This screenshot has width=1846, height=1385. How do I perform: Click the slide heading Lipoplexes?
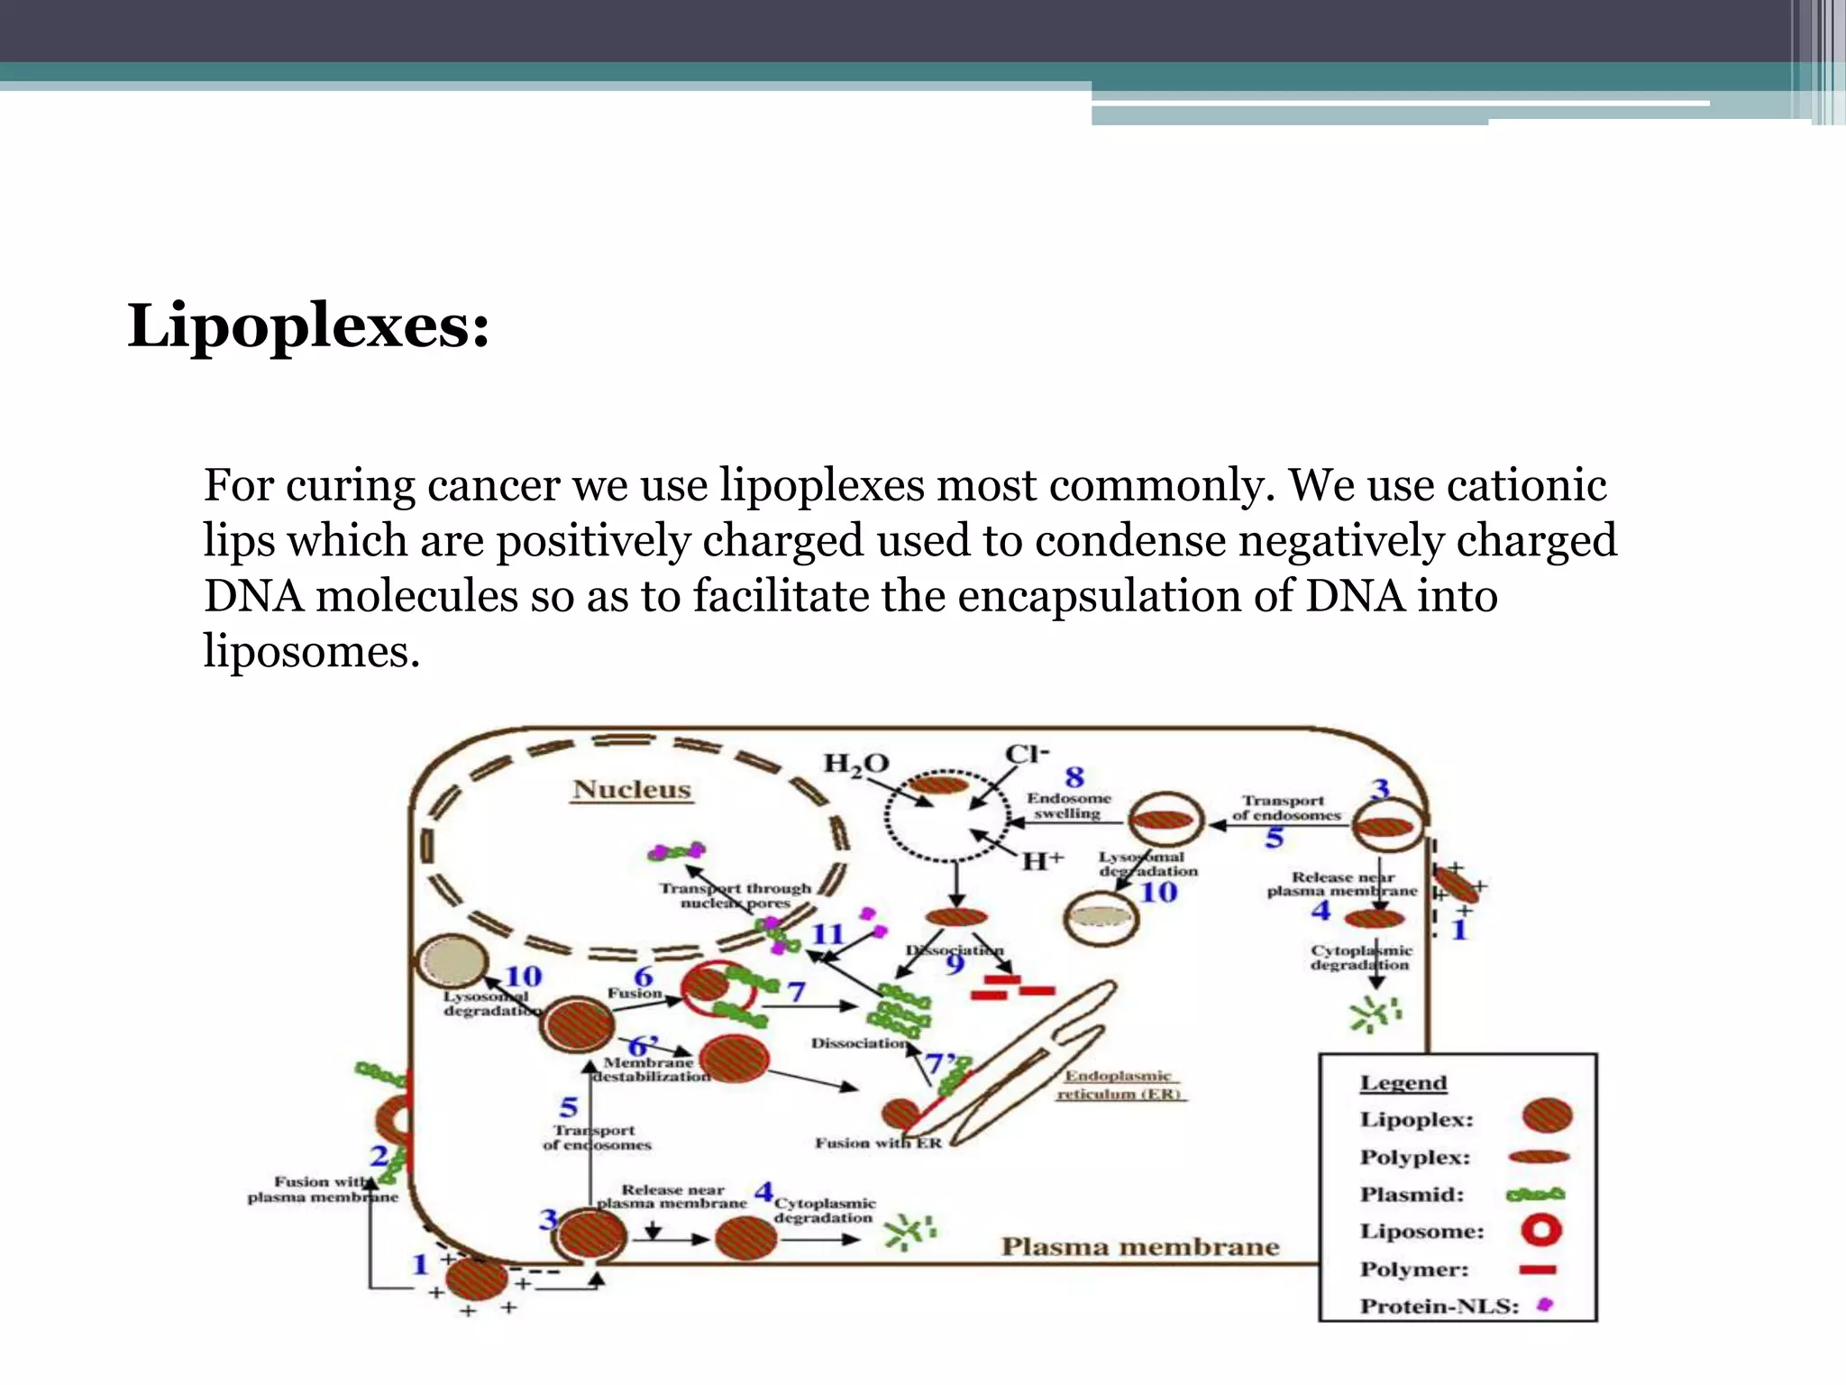point(308,326)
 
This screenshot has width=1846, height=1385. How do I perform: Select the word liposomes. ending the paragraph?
point(311,651)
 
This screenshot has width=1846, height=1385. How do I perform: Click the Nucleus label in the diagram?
point(632,790)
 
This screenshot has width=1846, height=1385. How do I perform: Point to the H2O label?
point(855,764)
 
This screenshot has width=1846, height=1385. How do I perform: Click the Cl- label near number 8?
point(1027,754)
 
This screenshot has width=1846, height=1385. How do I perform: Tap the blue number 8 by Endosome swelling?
point(1074,777)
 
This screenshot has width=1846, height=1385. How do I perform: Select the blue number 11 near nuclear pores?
point(827,934)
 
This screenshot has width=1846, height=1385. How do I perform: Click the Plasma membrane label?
point(1140,1247)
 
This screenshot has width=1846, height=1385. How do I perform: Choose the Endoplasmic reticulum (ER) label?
point(1120,1085)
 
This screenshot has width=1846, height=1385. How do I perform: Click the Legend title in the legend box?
point(1403,1083)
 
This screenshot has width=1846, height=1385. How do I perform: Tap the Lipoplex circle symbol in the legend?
point(1547,1115)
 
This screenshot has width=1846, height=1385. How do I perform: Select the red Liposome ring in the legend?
point(1540,1231)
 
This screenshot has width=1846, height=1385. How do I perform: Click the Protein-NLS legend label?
point(1439,1307)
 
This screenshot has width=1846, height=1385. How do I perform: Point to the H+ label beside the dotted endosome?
point(1042,861)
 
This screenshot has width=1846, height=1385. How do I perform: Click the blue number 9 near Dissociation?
point(955,965)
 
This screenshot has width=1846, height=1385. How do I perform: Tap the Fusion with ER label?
point(878,1143)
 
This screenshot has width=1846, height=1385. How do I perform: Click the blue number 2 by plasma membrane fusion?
point(379,1155)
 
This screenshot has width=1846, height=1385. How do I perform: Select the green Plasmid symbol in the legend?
point(1535,1195)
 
